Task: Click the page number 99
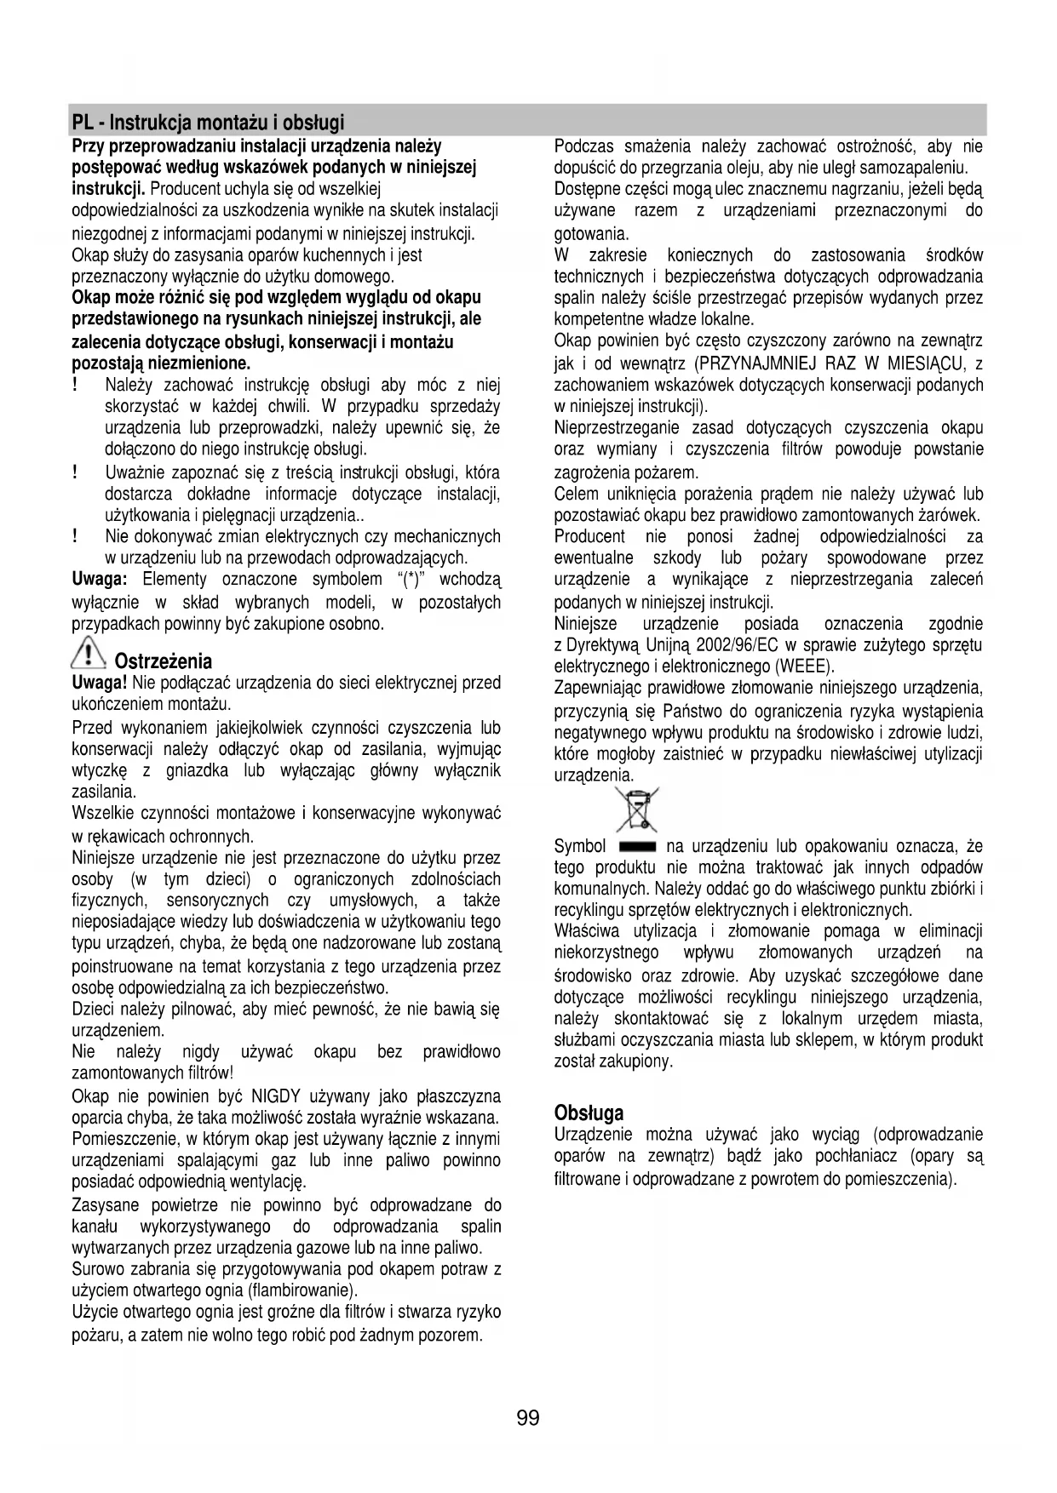(x=528, y=1417)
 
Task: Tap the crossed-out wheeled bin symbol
(x=637, y=809)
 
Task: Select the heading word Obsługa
(x=589, y=1113)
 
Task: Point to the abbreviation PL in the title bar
(x=83, y=122)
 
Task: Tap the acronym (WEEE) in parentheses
(x=804, y=666)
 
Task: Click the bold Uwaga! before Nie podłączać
(x=100, y=683)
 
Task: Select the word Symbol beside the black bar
(x=580, y=846)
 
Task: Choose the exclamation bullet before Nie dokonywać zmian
(x=76, y=536)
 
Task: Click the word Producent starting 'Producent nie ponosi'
(x=589, y=536)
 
